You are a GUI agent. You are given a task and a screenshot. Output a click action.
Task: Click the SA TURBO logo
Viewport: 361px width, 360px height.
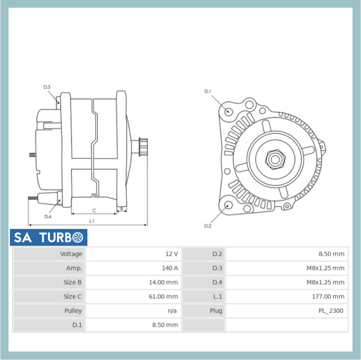(x=49, y=238)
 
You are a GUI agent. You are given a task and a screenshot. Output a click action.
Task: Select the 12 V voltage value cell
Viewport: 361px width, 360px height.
(x=171, y=254)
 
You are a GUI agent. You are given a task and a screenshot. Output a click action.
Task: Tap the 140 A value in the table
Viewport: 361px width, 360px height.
(x=170, y=268)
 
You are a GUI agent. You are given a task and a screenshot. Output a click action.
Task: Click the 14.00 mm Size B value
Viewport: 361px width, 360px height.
(x=163, y=282)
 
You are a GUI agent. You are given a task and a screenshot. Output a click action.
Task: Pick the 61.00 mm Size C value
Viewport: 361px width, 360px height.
(x=163, y=296)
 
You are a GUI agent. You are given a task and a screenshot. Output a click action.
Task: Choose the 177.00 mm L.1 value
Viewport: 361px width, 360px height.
(x=328, y=296)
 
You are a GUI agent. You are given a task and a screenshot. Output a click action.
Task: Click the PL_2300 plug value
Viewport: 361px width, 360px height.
(x=331, y=311)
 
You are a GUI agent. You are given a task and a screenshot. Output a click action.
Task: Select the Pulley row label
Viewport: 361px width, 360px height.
(x=73, y=311)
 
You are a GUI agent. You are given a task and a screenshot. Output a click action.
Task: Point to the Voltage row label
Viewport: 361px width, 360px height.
(x=71, y=254)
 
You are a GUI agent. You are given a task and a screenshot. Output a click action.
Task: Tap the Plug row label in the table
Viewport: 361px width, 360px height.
(x=216, y=311)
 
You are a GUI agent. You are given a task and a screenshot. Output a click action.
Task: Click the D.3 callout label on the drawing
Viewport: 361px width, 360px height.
(x=47, y=87)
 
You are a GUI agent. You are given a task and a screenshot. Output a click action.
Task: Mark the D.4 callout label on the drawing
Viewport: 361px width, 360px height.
(x=48, y=216)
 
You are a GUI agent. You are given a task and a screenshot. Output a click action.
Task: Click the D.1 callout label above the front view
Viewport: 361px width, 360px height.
(x=208, y=91)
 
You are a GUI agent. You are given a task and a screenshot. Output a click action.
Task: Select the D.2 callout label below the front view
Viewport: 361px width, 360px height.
(x=208, y=226)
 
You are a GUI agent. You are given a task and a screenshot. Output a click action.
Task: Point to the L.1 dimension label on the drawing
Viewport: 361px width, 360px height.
(x=92, y=221)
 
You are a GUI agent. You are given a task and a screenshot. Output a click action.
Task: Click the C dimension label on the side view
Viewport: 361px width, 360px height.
(x=94, y=210)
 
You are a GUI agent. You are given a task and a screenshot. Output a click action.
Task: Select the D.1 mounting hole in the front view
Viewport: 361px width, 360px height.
(x=228, y=111)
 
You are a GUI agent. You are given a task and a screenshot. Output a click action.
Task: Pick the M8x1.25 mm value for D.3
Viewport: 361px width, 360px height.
(x=325, y=268)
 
